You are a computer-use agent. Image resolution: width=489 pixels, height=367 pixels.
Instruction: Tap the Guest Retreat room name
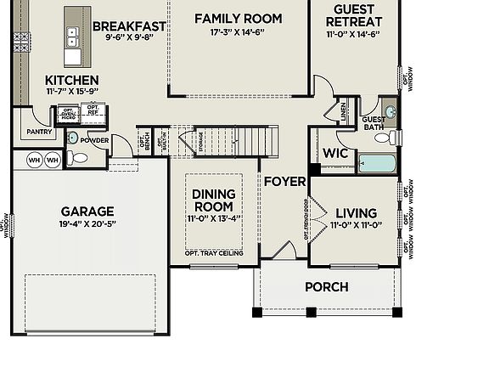(x=353, y=16)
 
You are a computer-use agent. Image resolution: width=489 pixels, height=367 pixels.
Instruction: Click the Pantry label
(x=39, y=132)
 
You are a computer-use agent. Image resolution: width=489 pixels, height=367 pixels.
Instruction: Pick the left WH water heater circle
(x=34, y=160)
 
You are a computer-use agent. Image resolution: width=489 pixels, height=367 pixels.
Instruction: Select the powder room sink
(x=72, y=138)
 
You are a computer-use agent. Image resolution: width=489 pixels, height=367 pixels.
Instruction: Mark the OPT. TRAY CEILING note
(x=213, y=253)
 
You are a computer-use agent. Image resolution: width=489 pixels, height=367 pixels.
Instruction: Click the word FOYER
(x=284, y=181)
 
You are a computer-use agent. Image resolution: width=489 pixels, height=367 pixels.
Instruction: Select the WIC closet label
(x=335, y=154)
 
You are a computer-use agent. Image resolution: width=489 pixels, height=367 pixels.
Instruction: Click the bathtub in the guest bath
(x=376, y=163)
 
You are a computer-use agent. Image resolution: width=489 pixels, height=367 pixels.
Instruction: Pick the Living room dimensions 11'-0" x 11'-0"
(x=356, y=225)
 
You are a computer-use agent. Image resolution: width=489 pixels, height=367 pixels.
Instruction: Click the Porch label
(x=326, y=287)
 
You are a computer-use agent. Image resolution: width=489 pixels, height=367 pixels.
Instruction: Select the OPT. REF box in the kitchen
(x=92, y=110)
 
